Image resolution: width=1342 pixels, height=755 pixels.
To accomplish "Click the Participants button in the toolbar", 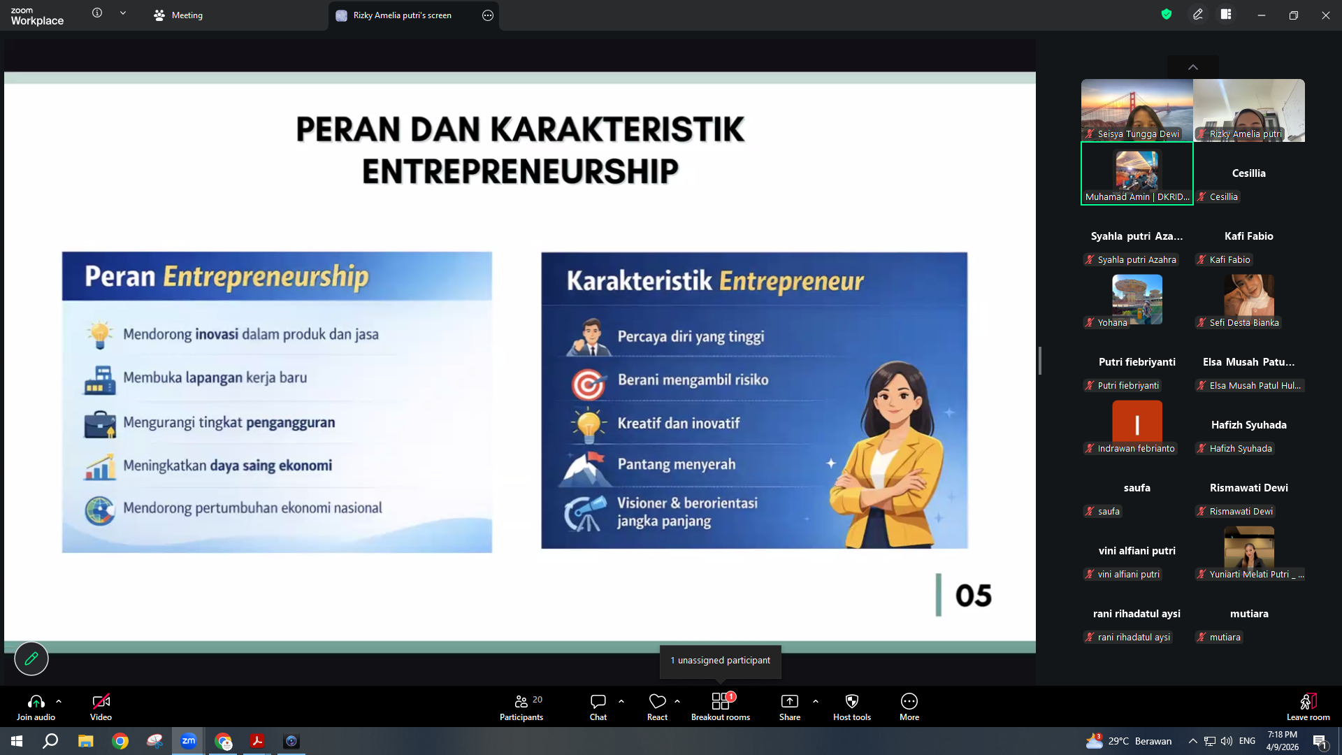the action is (x=521, y=707).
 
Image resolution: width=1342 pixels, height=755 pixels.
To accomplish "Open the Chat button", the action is (x=598, y=707).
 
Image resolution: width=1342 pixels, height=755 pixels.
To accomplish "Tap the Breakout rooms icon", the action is (x=721, y=701).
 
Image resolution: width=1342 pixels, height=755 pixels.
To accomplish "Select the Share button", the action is (x=790, y=707).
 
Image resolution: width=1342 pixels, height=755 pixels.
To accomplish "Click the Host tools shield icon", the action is (x=852, y=701).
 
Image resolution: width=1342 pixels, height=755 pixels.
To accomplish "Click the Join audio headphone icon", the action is (x=36, y=701).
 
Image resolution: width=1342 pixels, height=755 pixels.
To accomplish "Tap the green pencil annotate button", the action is (x=31, y=659).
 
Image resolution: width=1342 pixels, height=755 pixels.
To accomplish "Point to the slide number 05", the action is (x=973, y=596).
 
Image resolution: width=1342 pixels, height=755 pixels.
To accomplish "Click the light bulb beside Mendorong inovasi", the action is (x=100, y=335).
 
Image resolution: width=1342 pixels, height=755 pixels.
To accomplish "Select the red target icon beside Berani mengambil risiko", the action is (x=589, y=384).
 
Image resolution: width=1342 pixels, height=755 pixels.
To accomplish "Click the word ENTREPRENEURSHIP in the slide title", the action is (x=520, y=171).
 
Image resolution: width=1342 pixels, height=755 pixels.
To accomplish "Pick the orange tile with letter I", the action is (x=1137, y=422).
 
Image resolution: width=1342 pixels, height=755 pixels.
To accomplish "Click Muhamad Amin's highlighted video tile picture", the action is (x=1137, y=171).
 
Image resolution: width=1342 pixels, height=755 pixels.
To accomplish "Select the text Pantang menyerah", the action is (x=677, y=464).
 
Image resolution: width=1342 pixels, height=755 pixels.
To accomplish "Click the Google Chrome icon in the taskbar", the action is (x=120, y=741).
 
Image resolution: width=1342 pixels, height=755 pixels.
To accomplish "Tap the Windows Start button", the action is (x=17, y=741).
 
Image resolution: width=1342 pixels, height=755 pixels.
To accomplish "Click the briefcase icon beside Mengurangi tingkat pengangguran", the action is (x=100, y=424).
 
